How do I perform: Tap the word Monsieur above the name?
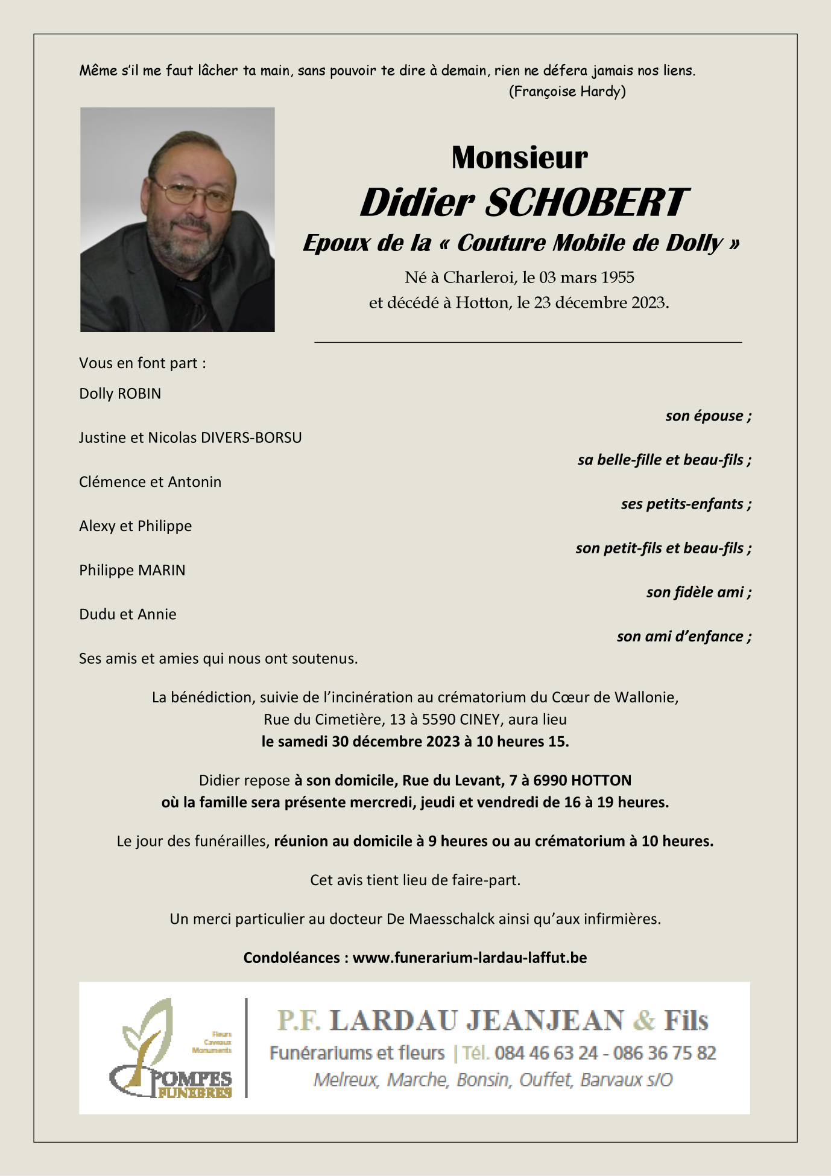519,157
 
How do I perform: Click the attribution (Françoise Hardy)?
567,91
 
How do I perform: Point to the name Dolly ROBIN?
120,393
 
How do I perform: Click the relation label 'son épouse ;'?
708,416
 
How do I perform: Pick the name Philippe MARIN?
132,570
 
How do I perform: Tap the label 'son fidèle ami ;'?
698,592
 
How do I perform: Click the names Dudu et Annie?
128,614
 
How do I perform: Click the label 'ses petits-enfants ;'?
686,504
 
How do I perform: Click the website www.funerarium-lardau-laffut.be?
470,958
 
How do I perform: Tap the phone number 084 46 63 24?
546,1053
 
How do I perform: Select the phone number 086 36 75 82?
665,1053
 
